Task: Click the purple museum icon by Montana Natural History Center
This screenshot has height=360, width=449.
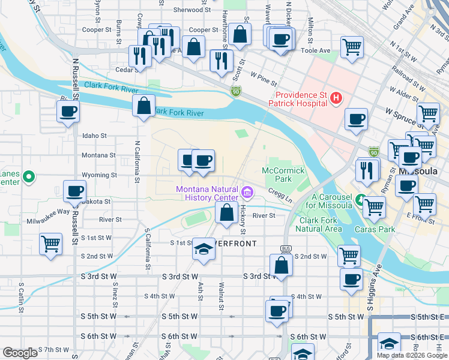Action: pyautogui.click(x=247, y=193)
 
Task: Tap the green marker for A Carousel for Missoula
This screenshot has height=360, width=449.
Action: pyautogui.click(x=359, y=199)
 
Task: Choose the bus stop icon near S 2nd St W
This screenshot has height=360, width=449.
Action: pyautogui.click(x=286, y=248)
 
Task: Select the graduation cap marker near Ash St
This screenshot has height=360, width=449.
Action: pyautogui.click(x=204, y=250)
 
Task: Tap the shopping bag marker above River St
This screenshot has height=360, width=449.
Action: pyautogui.click(x=226, y=212)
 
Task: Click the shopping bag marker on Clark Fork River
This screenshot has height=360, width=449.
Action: pyautogui.click(x=143, y=106)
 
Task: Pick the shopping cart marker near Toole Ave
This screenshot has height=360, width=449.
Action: pyautogui.click(x=352, y=46)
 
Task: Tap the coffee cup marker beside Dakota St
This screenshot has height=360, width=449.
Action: pyautogui.click(x=74, y=191)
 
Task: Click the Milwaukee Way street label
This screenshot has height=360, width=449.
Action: pyautogui.click(x=51, y=211)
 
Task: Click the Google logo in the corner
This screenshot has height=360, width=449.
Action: pyautogui.click(x=19, y=353)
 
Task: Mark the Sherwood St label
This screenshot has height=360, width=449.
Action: pyautogui.click(x=191, y=10)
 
